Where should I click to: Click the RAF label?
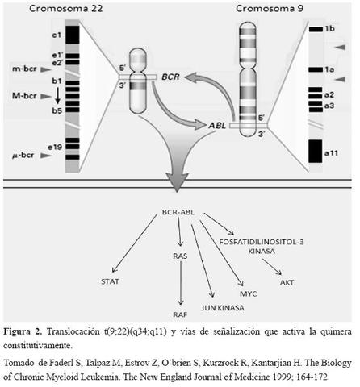180,317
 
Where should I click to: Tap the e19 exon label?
57,148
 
